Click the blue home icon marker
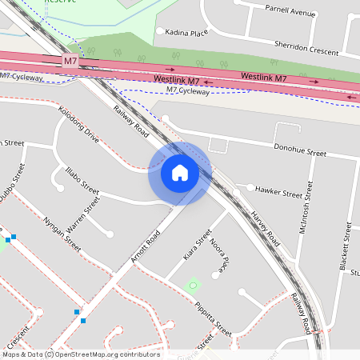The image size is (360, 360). coord(180,173)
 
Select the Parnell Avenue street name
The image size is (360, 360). coord(290,13)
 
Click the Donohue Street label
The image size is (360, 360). coord(300,151)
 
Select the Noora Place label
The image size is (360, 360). coord(218,252)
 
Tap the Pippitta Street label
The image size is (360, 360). coord(213,318)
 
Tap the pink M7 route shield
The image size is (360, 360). coord(70,61)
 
